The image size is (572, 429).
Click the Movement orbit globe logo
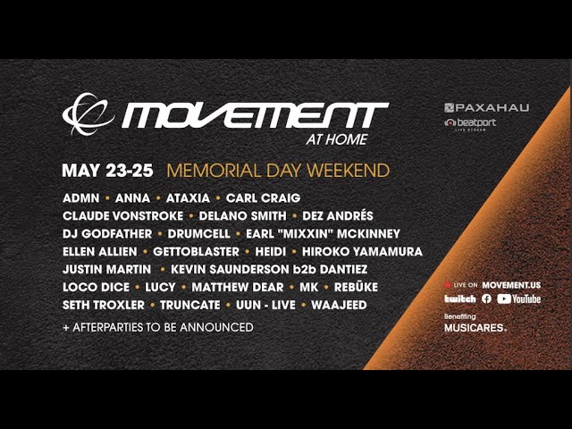[x=88, y=114]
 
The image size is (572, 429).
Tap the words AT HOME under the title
[x=337, y=139]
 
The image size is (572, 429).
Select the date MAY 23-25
[x=107, y=171]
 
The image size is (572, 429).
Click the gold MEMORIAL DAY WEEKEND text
[x=278, y=171]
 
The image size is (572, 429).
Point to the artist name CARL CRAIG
[x=263, y=198]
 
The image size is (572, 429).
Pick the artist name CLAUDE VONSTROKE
[x=123, y=216]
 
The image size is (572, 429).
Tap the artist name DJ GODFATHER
[x=107, y=234]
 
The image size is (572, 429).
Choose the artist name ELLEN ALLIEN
[x=100, y=252]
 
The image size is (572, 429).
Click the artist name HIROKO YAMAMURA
[x=362, y=252]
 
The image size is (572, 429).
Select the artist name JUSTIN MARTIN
[x=107, y=270]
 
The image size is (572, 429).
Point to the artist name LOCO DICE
[x=96, y=287]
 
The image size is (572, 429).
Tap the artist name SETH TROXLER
[x=104, y=305]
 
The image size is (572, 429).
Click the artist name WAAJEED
[x=339, y=305]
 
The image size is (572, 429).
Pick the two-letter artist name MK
[x=309, y=287]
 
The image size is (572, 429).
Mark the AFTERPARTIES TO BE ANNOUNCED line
[x=158, y=327]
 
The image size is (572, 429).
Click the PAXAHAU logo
[x=486, y=107]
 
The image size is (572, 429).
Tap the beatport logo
[x=470, y=123]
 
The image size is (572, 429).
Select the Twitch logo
[x=460, y=299]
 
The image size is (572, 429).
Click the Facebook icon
[x=486, y=299]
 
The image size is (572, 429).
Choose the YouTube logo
[x=518, y=299]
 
